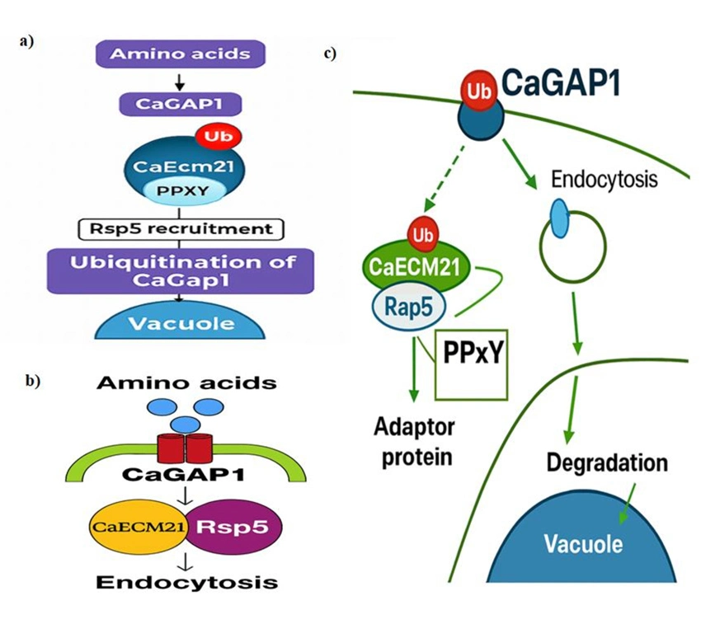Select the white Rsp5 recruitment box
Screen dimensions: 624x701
(179, 227)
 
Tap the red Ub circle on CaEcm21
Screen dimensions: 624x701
(213, 135)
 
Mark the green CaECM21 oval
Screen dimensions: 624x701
(415, 268)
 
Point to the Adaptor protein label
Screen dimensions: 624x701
(414, 442)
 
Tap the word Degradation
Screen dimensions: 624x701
(606, 462)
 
